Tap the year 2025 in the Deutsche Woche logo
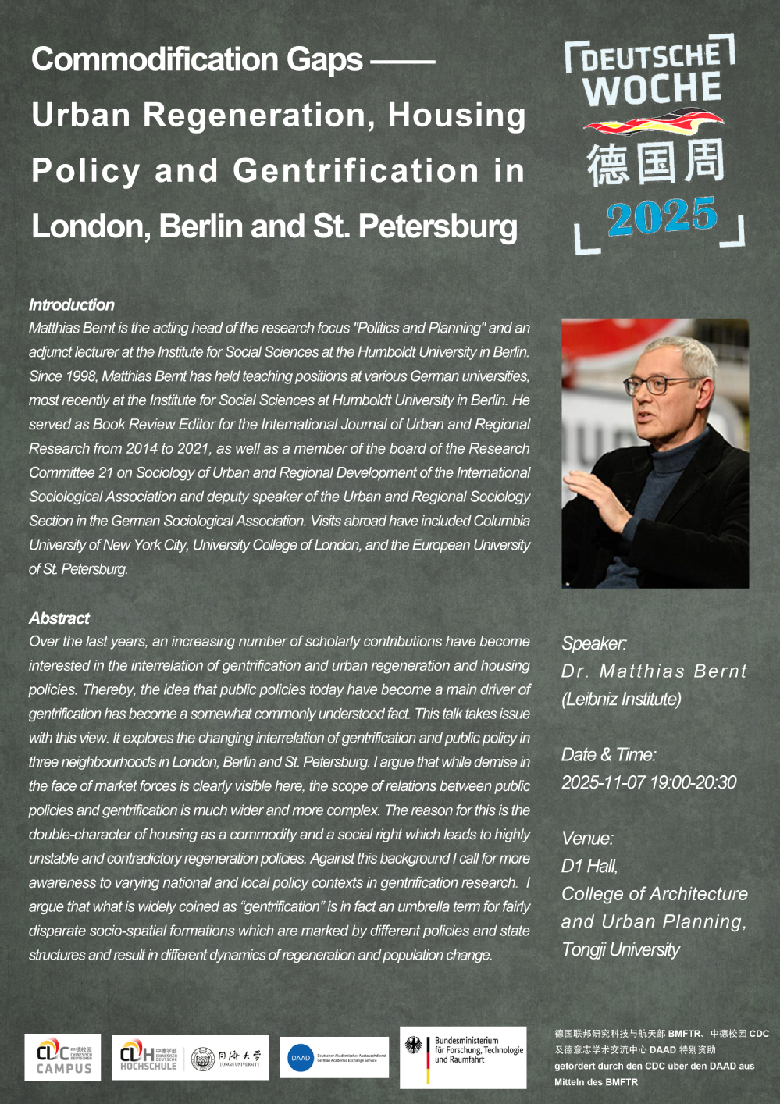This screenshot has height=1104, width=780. tap(661, 216)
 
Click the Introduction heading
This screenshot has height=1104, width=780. tap(72, 305)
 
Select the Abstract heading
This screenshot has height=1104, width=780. tap(59, 618)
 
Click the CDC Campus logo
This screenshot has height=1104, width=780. tap(63, 1058)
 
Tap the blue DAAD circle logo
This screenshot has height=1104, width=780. tap(301, 1059)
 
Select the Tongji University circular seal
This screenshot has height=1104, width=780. tap(202, 1059)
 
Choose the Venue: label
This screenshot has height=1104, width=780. tap(587, 839)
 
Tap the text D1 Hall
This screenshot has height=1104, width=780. tap(589, 866)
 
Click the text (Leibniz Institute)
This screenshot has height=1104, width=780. tap(622, 700)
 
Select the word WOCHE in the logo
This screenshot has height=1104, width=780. tap(651, 89)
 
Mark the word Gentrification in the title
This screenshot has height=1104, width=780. tap(356, 171)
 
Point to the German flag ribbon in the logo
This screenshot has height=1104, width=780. tap(654, 123)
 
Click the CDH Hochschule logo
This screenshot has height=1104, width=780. tap(148, 1058)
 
